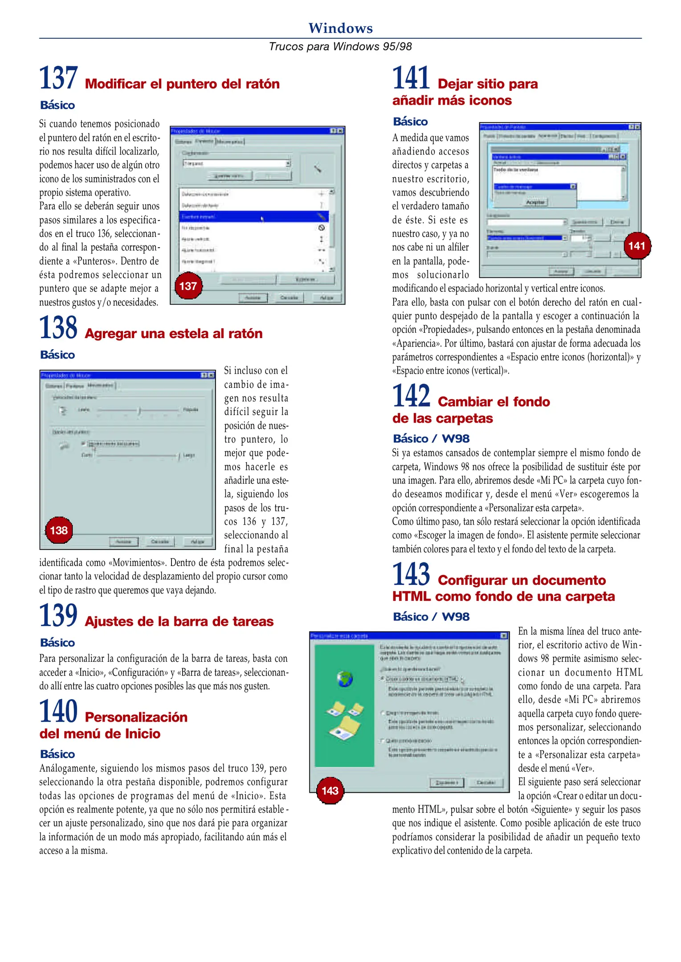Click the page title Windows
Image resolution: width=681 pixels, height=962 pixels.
pyautogui.click(x=340, y=28)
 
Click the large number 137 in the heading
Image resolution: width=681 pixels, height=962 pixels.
pyautogui.click(x=58, y=78)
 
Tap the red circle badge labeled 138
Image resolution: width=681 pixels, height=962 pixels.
pyautogui.click(x=59, y=530)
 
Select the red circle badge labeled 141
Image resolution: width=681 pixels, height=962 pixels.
pyautogui.click(x=637, y=246)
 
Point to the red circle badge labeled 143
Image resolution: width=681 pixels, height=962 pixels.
pyautogui.click(x=330, y=791)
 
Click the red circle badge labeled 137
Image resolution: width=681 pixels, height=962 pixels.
pyautogui.click(x=188, y=286)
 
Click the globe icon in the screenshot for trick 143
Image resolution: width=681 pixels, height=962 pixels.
pyautogui.click(x=345, y=679)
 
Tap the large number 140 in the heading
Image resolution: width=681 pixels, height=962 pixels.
pyautogui.click(x=58, y=711)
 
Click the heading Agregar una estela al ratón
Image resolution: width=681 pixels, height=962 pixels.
pyautogui.click(x=173, y=334)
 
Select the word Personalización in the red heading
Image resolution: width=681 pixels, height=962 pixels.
pyautogui.click(x=136, y=717)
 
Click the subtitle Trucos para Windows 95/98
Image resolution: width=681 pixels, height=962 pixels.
pyautogui.click(x=340, y=46)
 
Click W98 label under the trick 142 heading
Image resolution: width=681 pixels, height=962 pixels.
pyautogui.click(x=455, y=439)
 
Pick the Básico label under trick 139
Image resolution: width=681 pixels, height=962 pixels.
pyautogui.click(x=57, y=643)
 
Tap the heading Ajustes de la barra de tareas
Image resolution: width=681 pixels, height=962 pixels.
pyautogui.click(x=179, y=621)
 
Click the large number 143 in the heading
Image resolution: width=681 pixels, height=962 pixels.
pyautogui.click(x=411, y=575)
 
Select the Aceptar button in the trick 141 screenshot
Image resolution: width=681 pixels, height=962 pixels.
pyautogui.click(x=535, y=202)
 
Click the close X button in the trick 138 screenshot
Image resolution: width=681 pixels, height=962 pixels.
pyautogui.click(x=211, y=375)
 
